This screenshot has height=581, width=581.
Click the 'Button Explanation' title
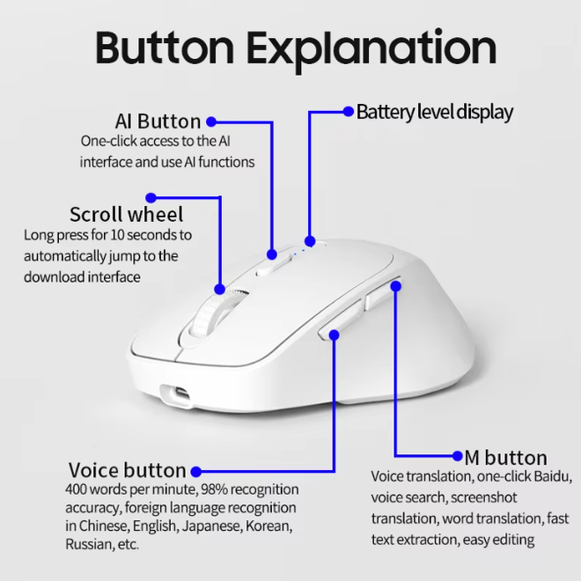tap(296, 49)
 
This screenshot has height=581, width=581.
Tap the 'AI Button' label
tap(158, 121)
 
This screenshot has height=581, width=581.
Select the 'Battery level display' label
tap(435, 112)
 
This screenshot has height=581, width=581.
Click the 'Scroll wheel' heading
tap(127, 214)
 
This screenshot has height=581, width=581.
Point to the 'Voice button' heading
tap(127, 470)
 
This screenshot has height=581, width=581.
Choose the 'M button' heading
tap(506, 458)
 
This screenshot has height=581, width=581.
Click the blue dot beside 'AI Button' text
tap(211, 121)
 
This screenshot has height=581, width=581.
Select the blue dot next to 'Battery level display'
tap(349, 111)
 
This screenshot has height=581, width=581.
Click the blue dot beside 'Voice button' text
tap(196, 471)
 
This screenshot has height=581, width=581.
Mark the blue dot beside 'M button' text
tap(458, 456)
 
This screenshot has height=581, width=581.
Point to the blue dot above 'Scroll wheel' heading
tap(151, 197)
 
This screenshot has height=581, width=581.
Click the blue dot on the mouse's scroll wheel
tap(220, 290)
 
